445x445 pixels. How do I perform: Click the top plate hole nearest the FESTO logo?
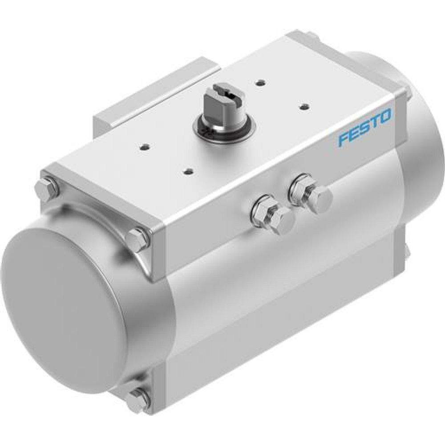coord(305,106)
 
